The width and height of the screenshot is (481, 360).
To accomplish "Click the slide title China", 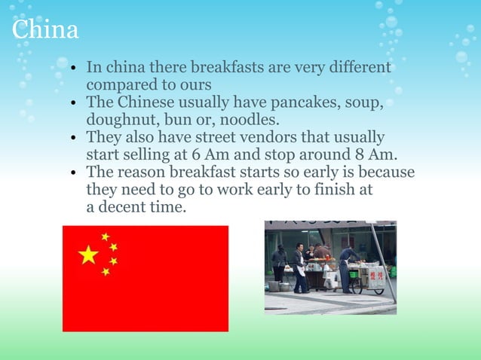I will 46,30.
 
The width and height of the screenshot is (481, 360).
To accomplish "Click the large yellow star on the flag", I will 88,255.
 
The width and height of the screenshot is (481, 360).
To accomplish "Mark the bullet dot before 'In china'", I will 73,70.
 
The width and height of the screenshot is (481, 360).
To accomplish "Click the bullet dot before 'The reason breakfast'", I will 73,173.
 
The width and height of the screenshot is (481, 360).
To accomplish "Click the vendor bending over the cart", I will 348,264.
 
